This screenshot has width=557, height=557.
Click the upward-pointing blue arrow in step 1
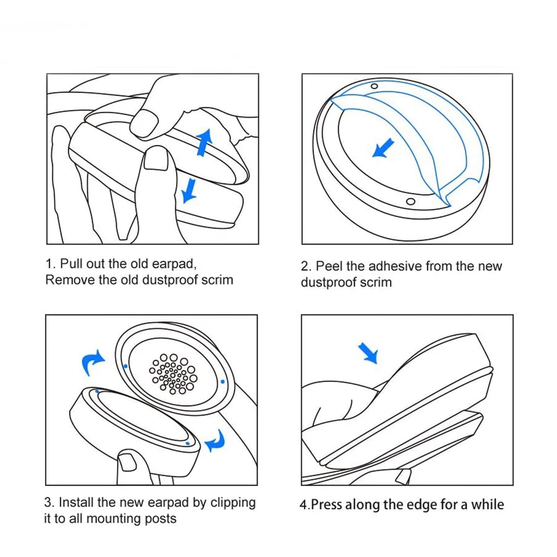[x=204, y=141]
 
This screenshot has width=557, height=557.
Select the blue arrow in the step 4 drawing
[x=368, y=352]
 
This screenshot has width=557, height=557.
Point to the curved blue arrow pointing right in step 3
[x=93, y=364]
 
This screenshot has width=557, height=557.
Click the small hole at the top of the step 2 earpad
[x=374, y=86]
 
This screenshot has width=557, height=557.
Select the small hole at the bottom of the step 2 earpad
[x=410, y=201]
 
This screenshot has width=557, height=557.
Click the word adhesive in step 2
[x=395, y=266]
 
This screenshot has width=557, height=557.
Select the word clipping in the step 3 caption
[x=233, y=503]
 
